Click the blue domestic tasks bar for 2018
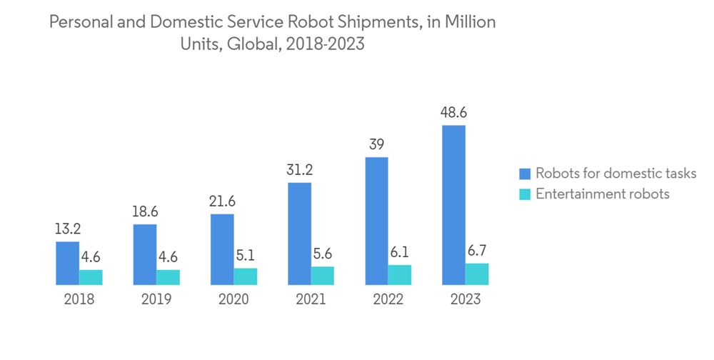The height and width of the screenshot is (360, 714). tap(68, 264)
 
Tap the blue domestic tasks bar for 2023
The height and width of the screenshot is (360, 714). tap(453, 206)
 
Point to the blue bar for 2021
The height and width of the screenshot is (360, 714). tap(299, 234)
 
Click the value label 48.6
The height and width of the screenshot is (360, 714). tap(453, 113)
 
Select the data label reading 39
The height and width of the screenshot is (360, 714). tap(376, 144)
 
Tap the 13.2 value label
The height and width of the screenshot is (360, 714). tap(68, 229)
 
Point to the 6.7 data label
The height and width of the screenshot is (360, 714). tap(477, 251)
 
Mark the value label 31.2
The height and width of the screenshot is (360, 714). tap(299, 170)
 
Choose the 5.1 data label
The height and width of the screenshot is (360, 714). tap(246, 256)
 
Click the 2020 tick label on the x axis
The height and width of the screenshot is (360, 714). tap(233, 299)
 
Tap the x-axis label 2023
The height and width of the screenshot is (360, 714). tap(465, 299)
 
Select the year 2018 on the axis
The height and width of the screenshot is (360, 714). tap(79, 299)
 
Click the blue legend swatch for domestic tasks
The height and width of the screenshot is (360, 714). tap(525, 174)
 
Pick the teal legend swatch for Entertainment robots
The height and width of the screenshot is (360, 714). tap(525, 194)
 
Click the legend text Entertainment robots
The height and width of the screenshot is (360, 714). tap(603, 194)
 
